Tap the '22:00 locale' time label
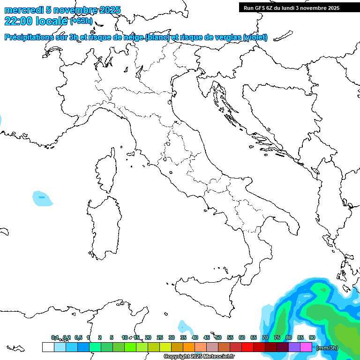[36, 21]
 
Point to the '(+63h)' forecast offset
[82, 21]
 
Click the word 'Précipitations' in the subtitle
[28, 37]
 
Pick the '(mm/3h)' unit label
[327, 348]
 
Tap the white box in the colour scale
[48, 347]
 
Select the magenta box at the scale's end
[306, 347]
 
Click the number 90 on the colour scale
[312, 337]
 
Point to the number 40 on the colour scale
[195, 337]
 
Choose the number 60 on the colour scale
[242, 337]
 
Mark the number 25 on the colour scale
[160, 337]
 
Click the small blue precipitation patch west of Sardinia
[42, 198]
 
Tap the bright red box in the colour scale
[247, 347]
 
